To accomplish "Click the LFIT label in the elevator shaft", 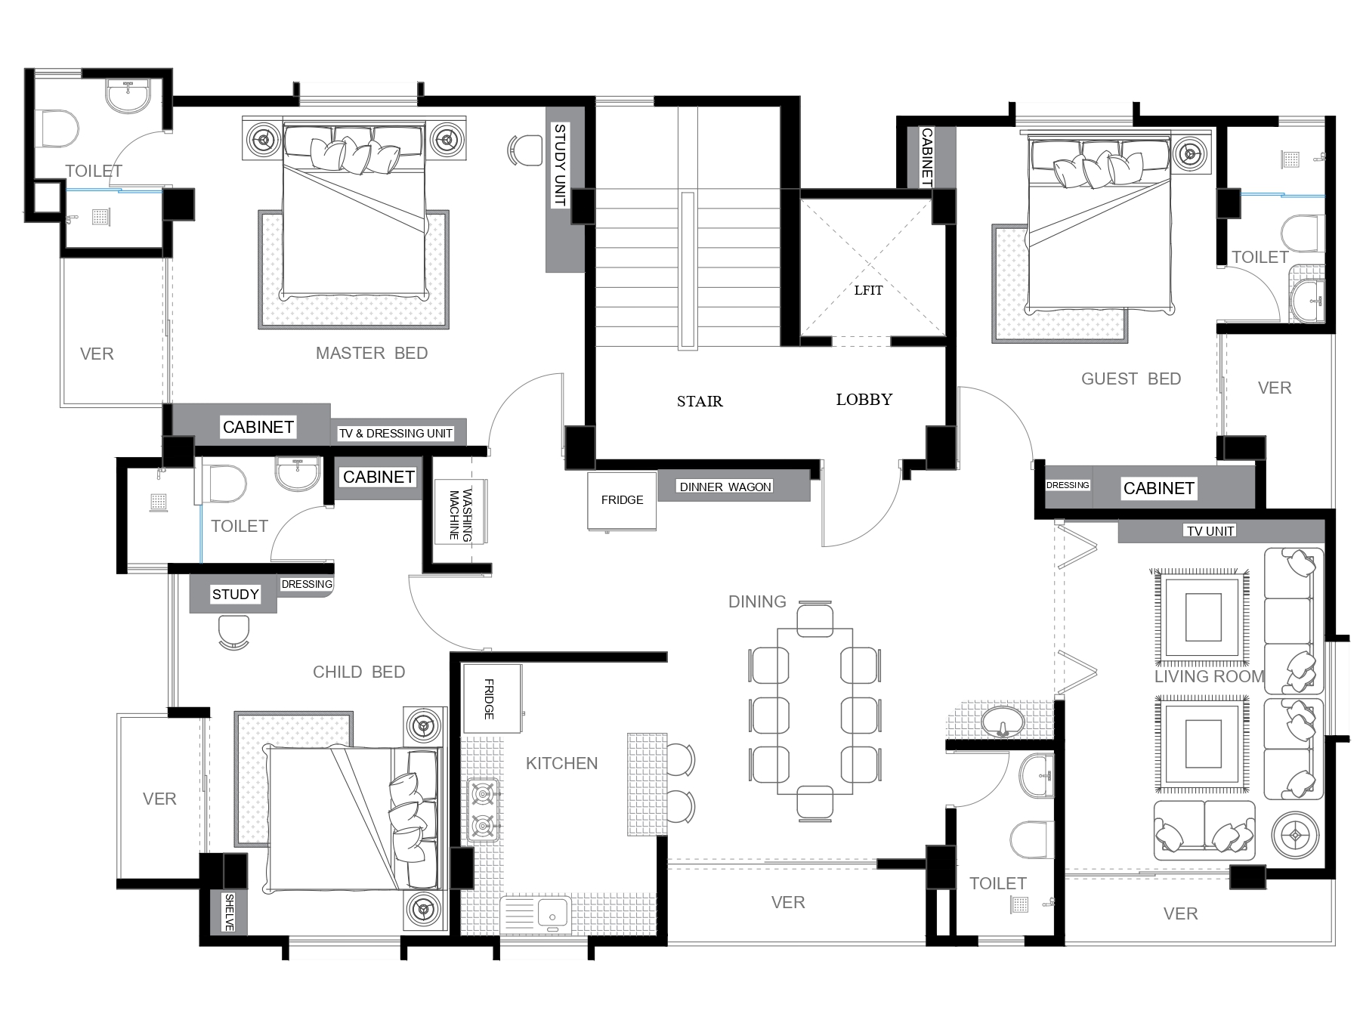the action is [x=868, y=290].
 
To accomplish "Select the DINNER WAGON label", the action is [x=725, y=487].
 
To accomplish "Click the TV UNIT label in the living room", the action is [x=1210, y=531].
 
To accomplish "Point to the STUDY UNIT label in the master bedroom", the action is [x=560, y=165].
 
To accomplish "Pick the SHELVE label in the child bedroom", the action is [x=229, y=912].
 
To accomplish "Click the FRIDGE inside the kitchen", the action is [x=492, y=699].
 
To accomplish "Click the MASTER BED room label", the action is [x=372, y=353].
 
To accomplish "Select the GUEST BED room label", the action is [x=1131, y=379].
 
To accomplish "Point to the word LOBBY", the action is [x=864, y=399].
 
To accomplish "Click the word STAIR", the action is [x=700, y=401].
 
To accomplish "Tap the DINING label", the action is [x=757, y=601].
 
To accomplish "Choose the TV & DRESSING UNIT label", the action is [x=396, y=434].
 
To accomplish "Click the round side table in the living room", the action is [x=1295, y=835].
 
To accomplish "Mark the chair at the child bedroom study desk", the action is [x=233, y=632].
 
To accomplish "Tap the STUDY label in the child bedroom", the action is [x=235, y=595].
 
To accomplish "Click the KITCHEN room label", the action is [x=561, y=763].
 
